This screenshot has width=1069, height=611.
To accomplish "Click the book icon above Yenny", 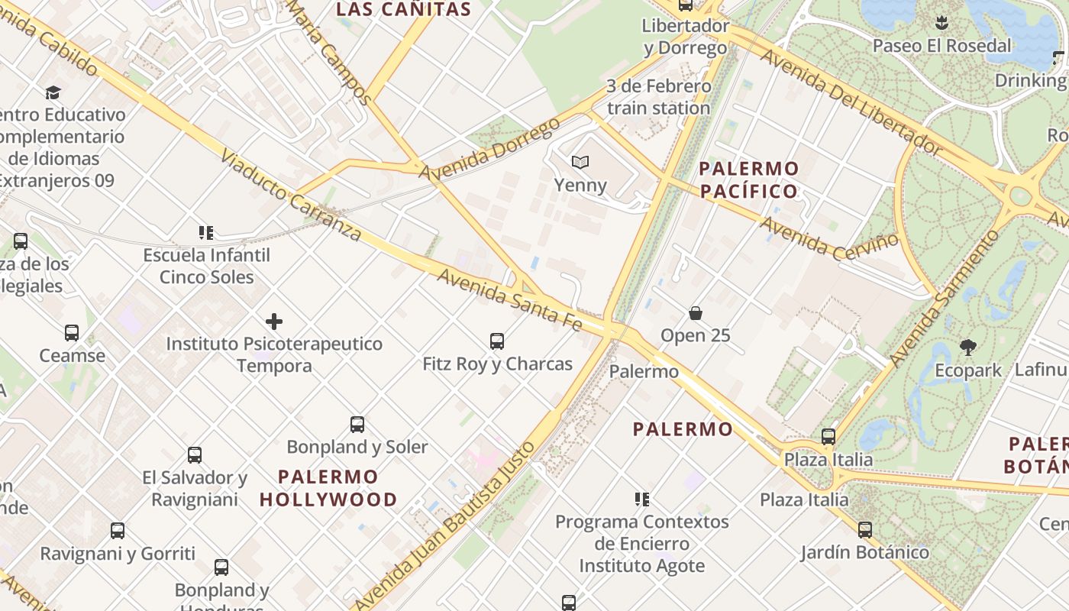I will tap(580, 162).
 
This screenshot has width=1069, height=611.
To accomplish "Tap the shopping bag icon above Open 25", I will tap(696, 312).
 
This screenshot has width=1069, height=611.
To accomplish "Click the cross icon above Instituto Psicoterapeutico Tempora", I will tap(274, 322).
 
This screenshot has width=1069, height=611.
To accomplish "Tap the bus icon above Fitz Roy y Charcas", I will tap(497, 341).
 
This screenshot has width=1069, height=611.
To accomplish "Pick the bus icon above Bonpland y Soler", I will tap(357, 425).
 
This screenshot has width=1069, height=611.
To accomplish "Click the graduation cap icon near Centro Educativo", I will tap(53, 92).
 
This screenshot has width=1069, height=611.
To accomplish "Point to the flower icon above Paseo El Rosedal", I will tap(941, 23).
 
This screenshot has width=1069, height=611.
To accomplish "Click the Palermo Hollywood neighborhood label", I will tap(328, 488).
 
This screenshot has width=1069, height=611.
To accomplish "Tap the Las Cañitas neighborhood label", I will tap(404, 9).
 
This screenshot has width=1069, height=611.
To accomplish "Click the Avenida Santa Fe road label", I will tap(509, 299).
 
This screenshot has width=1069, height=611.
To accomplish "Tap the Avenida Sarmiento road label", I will tap(944, 298).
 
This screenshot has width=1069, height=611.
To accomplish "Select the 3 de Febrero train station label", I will tap(659, 97).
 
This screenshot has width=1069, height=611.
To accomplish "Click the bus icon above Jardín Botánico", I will tap(865, 529).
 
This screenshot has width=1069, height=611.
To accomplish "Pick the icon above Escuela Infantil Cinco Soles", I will tap(205, 232).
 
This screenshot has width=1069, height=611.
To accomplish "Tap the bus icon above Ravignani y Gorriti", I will tap(118, 531).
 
